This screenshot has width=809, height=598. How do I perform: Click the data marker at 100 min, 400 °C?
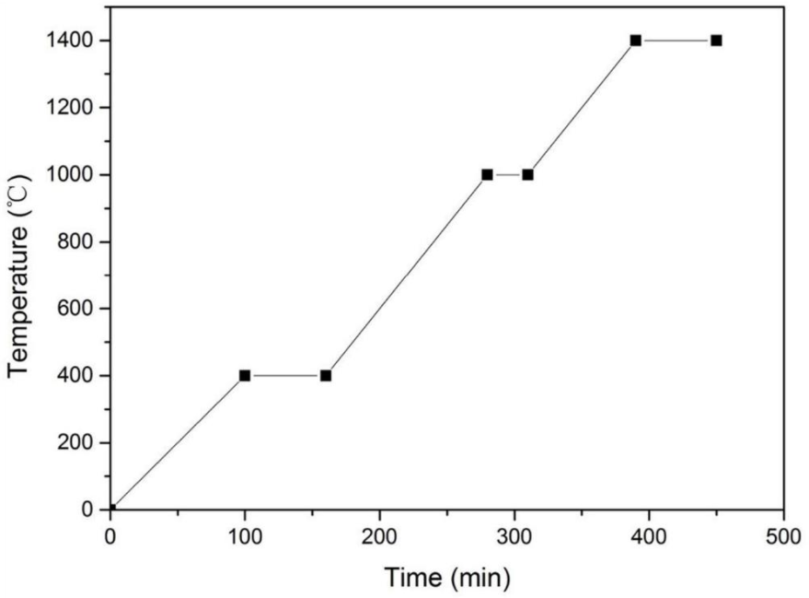pos(245,375)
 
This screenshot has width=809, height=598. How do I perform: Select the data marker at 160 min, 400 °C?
pos(326,375)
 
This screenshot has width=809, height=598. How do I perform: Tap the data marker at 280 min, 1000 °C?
pos(487,174)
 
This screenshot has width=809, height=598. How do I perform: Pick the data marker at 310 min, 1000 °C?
pos(527,174)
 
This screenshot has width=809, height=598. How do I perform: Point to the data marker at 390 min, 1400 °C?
pos(635,41)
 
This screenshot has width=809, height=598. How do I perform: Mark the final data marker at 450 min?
pos(716,41)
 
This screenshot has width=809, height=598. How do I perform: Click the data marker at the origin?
pos(111,509)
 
